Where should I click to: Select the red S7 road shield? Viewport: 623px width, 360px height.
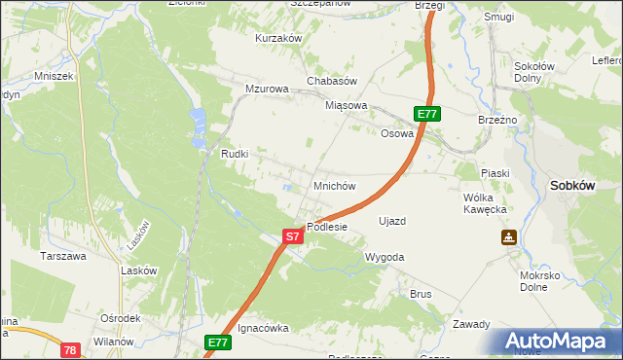(x=293, y=236)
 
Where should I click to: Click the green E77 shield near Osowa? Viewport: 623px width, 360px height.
(x=428, y=114)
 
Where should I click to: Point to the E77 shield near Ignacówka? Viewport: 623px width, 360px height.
(x=218, y=342)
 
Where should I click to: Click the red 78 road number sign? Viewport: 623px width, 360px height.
(x=69, y=349)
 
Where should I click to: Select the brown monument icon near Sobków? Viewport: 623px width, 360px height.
(x=509, y=237)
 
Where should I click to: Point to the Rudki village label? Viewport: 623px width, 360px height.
(x=236, y=154)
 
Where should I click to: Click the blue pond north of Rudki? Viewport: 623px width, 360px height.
(x=199, y=123)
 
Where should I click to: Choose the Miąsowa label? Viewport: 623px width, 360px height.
(x=347, y=105)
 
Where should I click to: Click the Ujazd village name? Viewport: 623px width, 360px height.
(x=391, y=221)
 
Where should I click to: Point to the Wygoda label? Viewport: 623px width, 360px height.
(x=384, y=257)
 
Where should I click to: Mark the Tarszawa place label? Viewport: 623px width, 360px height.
(x=62, y=257)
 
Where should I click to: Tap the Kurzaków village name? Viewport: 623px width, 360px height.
(x=278, y=38)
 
